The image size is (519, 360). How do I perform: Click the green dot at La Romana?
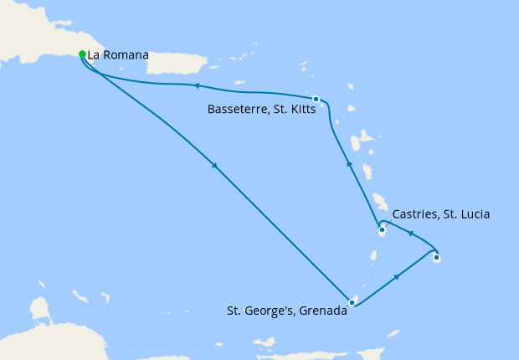click(x=82, y=54)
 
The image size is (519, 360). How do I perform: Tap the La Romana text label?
click(x=117, y=55)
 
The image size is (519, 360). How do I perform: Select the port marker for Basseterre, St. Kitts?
click(x=316, y=100)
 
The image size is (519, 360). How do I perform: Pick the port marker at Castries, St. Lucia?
click(x=382, y=229)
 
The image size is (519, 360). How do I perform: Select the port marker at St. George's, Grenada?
click(x=352, y=302)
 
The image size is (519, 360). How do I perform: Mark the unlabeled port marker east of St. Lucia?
click(x=436, y=258)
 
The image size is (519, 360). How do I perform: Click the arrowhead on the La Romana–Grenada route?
click(x=216, y=166)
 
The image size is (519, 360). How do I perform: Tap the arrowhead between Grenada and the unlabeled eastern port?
click(x=395, y=276)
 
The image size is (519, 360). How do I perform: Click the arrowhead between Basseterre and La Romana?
click(x=195, y=85)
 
